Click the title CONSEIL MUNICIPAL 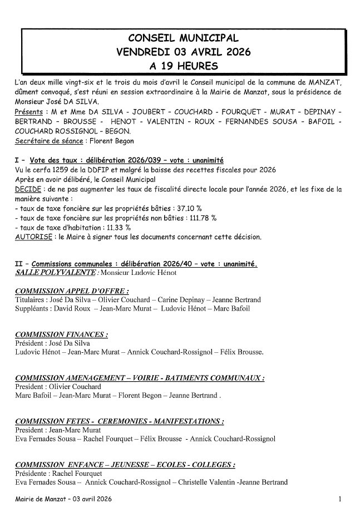pyautogui.click(x=183, y=38)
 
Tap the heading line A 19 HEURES pyautogui.click(x=183, y=66)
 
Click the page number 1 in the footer pyautogui.click(x=339, y=500)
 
